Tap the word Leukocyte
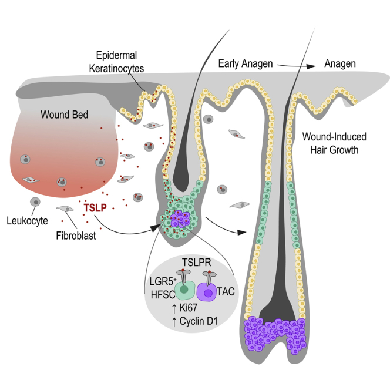[28, 221]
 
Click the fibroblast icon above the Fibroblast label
[64, 210]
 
